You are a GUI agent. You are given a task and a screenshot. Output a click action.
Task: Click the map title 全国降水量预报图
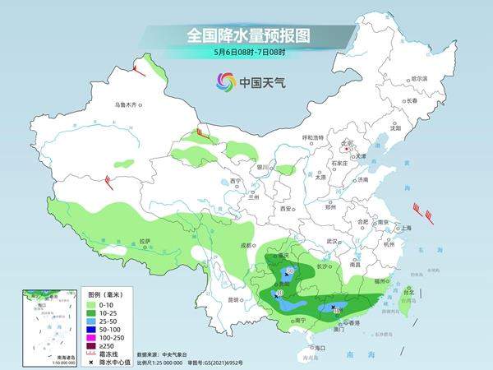point(246,35)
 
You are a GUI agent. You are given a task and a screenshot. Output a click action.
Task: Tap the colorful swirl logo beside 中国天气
point(225,81)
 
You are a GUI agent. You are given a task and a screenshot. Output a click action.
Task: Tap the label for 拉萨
point(145,241)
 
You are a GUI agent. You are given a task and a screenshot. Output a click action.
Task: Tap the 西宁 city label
point(236,181)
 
